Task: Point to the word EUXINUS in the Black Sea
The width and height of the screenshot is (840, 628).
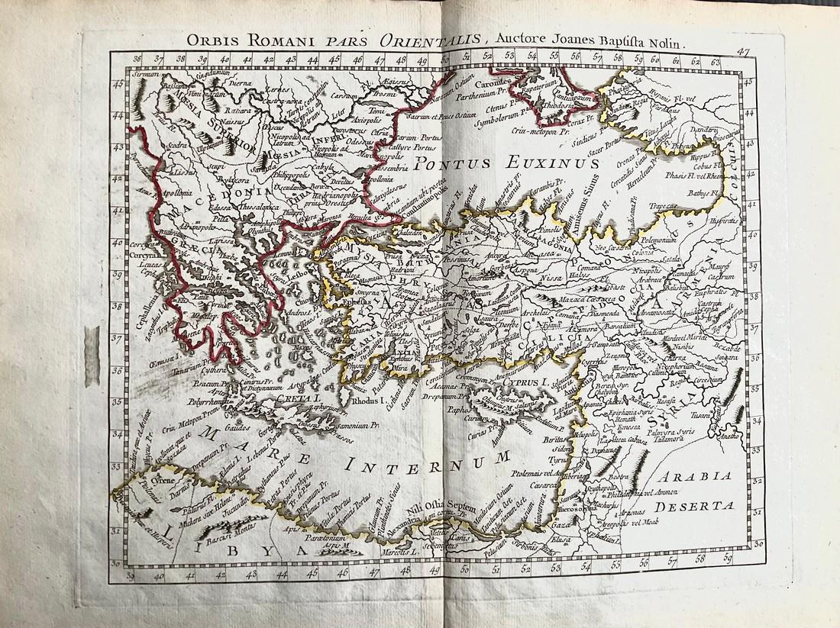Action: pos(543,164)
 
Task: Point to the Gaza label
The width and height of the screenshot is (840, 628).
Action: pos(562,527)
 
